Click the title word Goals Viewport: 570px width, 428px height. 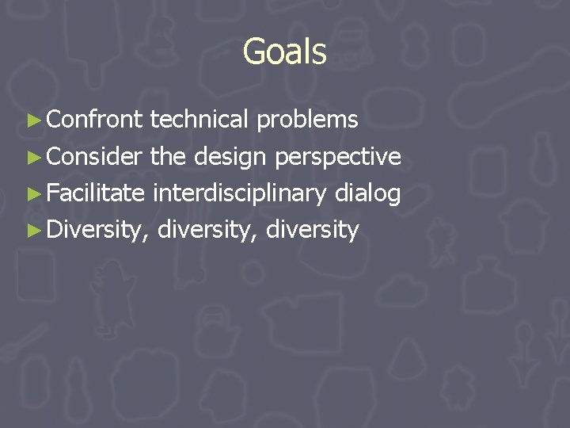tap(284, 52)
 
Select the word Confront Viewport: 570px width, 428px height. tap(94, 120)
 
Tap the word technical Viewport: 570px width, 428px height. tap(199, 120)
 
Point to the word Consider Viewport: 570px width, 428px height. tap(95, 156)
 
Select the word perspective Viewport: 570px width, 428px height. tap(337, 158)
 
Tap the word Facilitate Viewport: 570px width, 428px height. tap(96, 193)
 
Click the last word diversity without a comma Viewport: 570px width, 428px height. tap(313, 231)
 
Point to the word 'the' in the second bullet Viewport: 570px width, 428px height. tap(167, 156)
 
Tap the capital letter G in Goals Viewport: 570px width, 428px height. tap(254, 52)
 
